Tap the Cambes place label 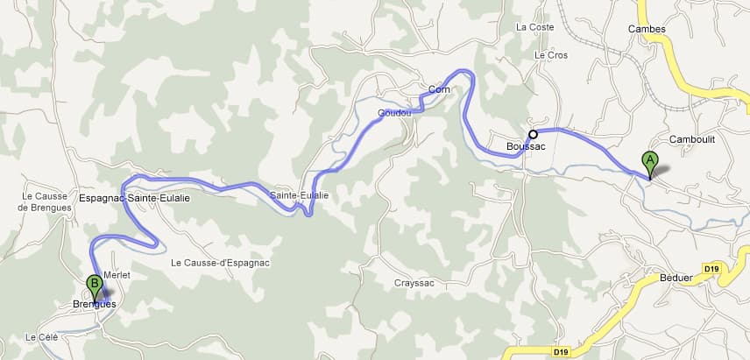(x=647, y=29)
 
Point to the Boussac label (x=526, y=146)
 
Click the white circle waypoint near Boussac (x=533, y=134)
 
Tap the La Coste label (x=535, y=27)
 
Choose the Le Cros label (x=551, y=55)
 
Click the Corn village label (x=439, y=89)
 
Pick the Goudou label (x=394, y=114)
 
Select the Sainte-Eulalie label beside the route (x=299, y=195)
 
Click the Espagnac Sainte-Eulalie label (x=134, y=199)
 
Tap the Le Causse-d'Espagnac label (x=220, y=263)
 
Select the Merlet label (x=117, y=275)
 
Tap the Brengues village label (x=93, y=305)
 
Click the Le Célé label (x=41, y=337)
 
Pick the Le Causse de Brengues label (x=43, y=201)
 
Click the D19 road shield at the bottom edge (x=562, y=352)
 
